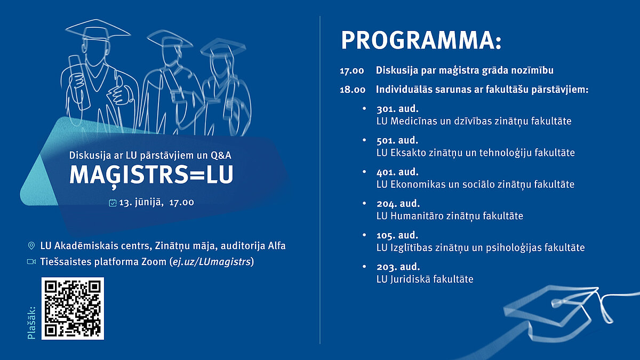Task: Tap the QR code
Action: [x=73, y=309]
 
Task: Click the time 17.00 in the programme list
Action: [x=351, y=71]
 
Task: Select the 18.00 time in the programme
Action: [x=353, y=90]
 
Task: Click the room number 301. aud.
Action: [x=397, y=109]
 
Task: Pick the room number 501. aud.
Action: [x=397, y=140]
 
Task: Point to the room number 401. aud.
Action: [x=397, y=172]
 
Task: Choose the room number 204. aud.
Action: [x=398, y=204]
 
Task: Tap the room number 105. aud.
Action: [x=397, y=235]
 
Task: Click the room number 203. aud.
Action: [x=398, y=267]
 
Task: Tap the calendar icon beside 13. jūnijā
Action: [x=113, y=203]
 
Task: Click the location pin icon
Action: [x=31, y=246]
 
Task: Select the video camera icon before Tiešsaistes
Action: [x=31, y=262]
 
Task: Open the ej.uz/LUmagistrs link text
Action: [x=212, y=262]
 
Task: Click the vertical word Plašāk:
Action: [x=31, y=323]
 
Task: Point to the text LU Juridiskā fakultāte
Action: [x=425, y=279]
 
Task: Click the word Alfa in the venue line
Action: [x=277, y=246]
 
